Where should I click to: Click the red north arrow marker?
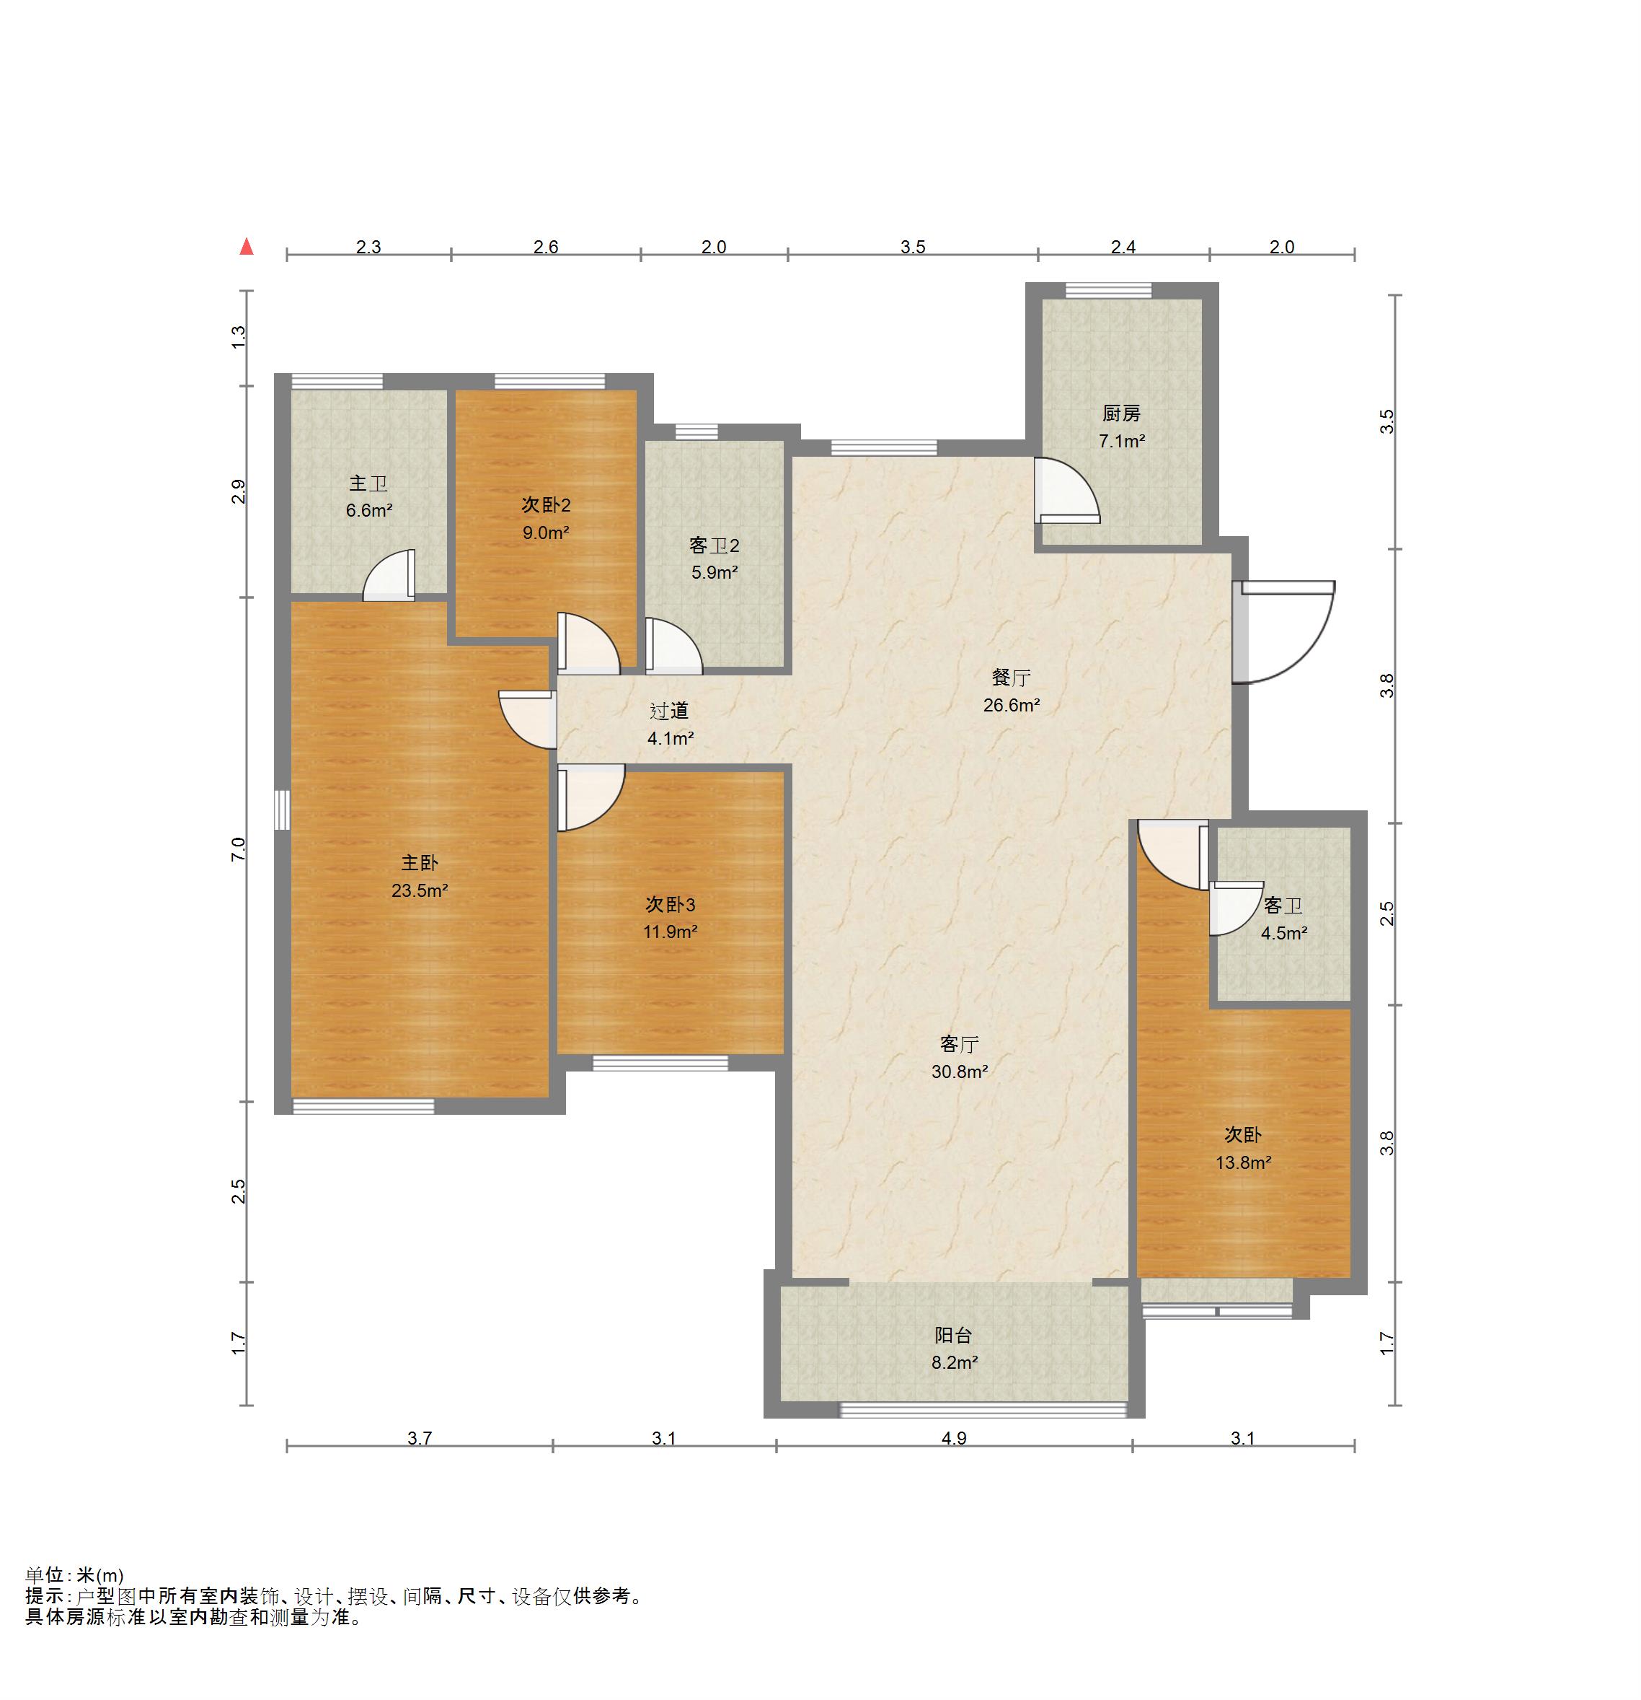coord(247,246)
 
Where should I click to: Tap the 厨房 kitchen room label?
coord(1121,413)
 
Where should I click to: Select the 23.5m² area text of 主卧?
coord(420,890)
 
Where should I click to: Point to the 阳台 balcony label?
coord(954,1336)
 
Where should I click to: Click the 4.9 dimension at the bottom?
coord(954,1438)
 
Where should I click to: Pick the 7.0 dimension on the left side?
coord(239,849)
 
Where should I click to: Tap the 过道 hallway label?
coord(669,711)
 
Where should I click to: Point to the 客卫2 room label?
coord(715,546)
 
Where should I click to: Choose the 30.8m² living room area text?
coord(960,1072)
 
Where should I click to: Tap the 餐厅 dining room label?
coord(1011,678)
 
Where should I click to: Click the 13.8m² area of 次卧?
coord(1243,1162)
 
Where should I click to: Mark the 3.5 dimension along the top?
coord(913,247)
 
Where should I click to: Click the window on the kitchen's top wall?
coord(1109,291)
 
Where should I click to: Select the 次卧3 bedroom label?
coord(670,905)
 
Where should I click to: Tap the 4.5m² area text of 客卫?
coord(1284,933)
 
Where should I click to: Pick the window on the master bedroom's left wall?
coord(282,810)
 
